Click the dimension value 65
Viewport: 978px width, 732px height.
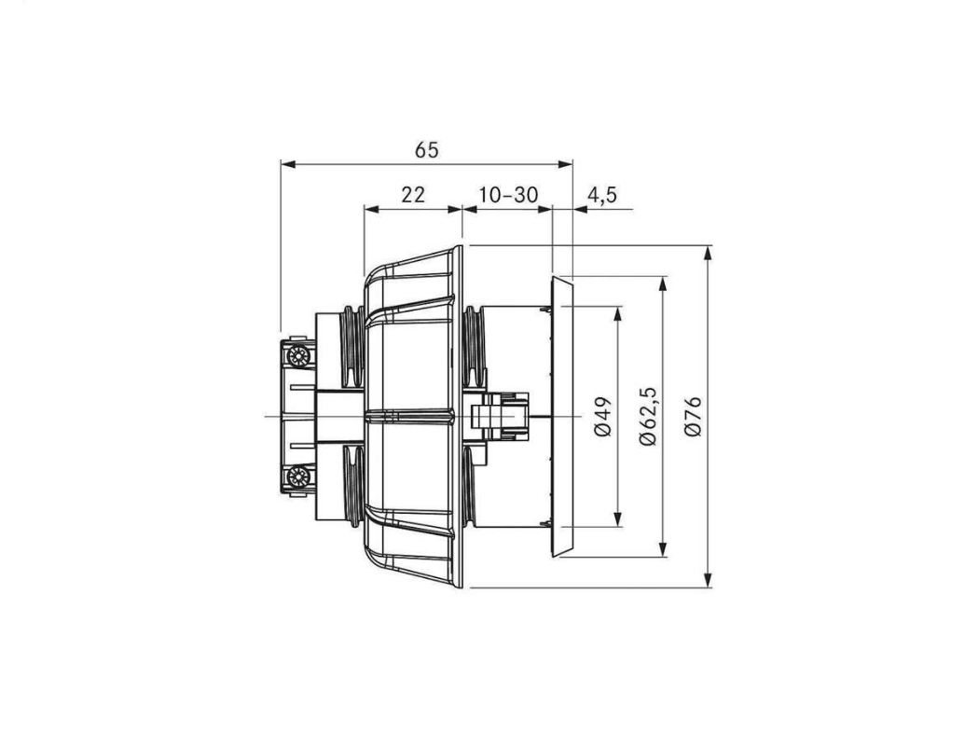(x=427, y=150)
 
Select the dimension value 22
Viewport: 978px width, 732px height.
(x=413, y=195)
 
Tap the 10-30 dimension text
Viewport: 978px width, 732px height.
(x=508, y=195)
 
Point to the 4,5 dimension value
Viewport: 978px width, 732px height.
(x=602, y=195)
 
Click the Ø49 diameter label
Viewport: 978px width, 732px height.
(x=603, y=416)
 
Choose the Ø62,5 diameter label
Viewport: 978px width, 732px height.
(x=649, y=416)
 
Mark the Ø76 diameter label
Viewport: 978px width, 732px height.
(x=693, y=416)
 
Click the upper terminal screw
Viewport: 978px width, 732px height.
(x=297, y=357)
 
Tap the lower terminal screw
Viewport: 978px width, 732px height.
(x=297, y=478)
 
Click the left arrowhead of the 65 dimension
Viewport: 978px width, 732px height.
(x=287, y=164)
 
